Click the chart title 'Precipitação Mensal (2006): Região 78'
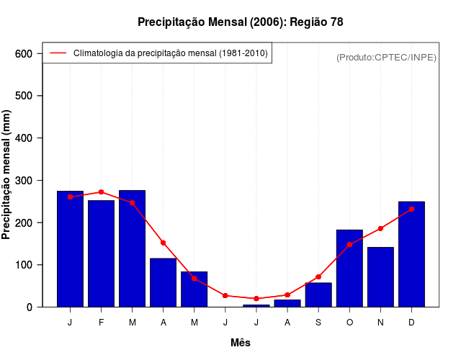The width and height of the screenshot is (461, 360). [241, 22]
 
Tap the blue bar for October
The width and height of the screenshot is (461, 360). [349, 268]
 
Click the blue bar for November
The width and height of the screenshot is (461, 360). [380, 277]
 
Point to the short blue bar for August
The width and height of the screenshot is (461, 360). [287, 303]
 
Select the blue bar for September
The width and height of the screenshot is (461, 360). [318, 294]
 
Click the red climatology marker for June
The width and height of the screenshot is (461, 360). [225, 296]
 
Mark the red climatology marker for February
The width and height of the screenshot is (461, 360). [101, 192]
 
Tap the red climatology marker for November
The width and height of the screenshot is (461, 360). [380, 228]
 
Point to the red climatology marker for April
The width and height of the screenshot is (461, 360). [163, 243]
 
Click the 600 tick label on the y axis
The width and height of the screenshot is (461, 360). [24, 54]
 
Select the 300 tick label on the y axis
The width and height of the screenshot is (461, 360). [24, 181]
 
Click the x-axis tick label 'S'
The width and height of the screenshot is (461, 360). [318, 323]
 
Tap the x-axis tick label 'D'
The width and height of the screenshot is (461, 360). [411, 323]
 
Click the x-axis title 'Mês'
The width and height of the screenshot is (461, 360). [241, 343]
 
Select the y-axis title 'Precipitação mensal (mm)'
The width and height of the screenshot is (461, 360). [7, 175]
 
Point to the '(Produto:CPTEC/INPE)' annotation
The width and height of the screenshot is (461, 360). [387, 57]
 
